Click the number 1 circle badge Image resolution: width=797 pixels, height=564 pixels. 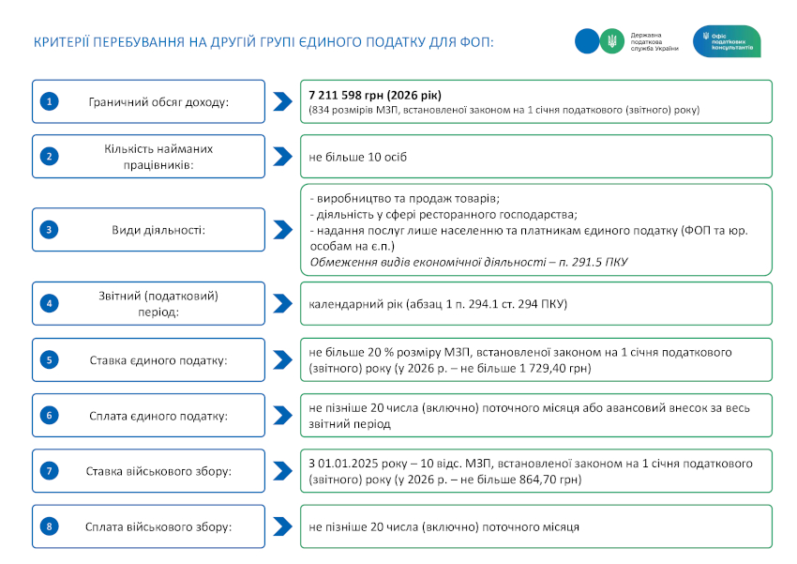50,101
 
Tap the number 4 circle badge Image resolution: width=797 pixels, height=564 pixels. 50,303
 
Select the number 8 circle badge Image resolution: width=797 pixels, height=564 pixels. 50,526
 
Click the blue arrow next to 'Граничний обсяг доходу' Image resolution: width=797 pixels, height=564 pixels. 282,101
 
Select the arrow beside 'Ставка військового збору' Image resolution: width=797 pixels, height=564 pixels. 282,471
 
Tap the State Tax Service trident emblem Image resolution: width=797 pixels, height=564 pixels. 611,40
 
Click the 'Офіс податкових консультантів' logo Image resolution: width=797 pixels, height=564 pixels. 726,40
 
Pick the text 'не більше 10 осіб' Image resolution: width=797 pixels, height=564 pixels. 357,157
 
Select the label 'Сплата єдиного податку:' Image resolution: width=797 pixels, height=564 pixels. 158,415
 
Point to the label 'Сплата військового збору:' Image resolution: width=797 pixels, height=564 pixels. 158,526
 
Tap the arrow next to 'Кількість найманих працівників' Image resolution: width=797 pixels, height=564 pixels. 282,157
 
